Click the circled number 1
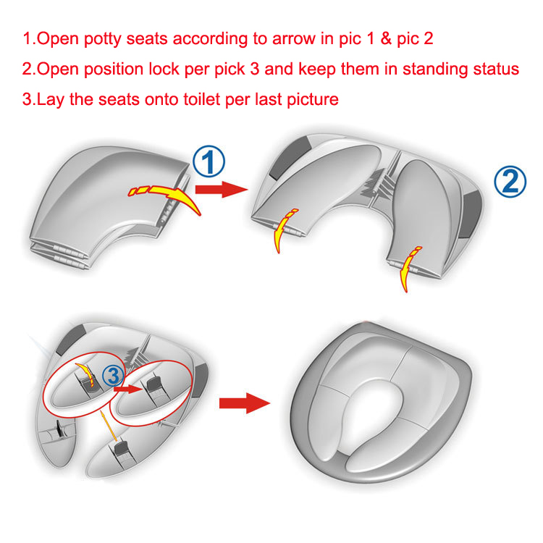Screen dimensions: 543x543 click(x=209, y=161)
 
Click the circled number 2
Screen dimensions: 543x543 click(x=510, y=182)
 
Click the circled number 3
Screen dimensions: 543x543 click(x=113, y=376)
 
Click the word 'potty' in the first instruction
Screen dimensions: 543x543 click(x=103, y=39)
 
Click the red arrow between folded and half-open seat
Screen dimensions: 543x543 click(x=222, y=190)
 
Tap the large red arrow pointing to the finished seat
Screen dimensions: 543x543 click(x=245, y=403)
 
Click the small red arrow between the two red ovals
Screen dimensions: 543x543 click(x=128, y=389)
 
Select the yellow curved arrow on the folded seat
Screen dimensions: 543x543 click(x=164, y=195)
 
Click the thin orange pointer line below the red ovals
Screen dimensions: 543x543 click(x=109, y=426)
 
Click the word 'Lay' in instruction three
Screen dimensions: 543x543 click(x=50, y=100)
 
